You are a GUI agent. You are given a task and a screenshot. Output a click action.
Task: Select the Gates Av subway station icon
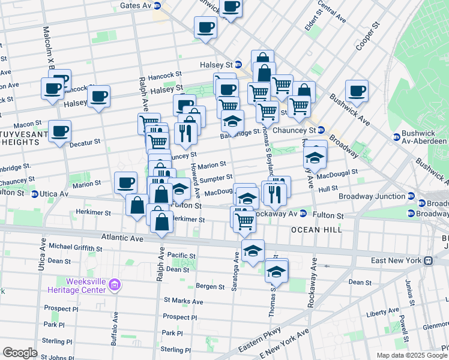tap(157, 5)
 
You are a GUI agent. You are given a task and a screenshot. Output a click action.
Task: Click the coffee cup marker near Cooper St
tap(357, 90)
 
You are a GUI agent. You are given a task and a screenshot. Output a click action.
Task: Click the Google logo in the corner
tap(20, 353)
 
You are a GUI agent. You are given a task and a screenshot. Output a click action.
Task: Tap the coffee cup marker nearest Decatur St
tap(59, 131)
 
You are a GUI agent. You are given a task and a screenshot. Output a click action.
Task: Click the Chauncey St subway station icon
tap(321, 130)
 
